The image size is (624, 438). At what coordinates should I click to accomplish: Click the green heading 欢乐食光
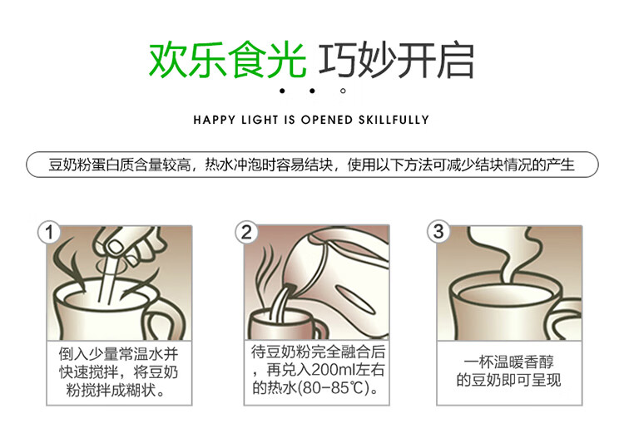pyautogui.click(x=228, y=61)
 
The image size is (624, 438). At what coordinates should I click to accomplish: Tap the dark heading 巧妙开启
pyautogui.click(x=396, y=61)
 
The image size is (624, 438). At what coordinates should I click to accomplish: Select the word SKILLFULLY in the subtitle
pyautogui.click(x=394, y=120)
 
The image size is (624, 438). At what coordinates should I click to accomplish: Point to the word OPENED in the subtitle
pyautogui.click(x=327, y=120)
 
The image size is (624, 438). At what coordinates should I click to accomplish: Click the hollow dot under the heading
pyautogui.click(x=343, y=91)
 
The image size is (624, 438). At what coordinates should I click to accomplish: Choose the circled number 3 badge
pyautogui.click(x=438, y=231)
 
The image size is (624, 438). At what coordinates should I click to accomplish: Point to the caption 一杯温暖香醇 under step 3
pyautogui.click(x=509, y=362)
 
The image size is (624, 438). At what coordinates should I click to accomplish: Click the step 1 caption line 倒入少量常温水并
pyautogui.click(x=119, y=353)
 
